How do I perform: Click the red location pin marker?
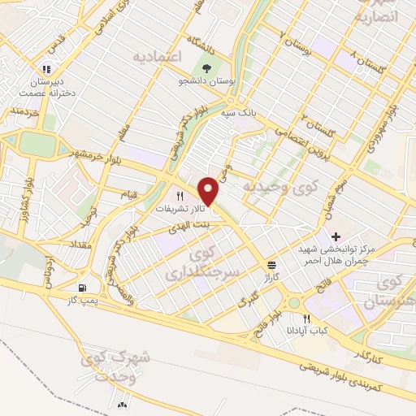coord(209,190)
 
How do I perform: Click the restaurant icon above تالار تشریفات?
coord(180,196)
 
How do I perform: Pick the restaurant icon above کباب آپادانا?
coord(305,318)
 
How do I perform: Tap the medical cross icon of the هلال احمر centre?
coord(336,236)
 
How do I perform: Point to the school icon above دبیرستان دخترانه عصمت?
coord(47,69)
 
